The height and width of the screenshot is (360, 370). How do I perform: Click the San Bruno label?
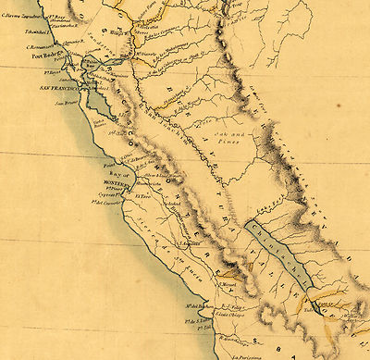pos(68,105)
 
